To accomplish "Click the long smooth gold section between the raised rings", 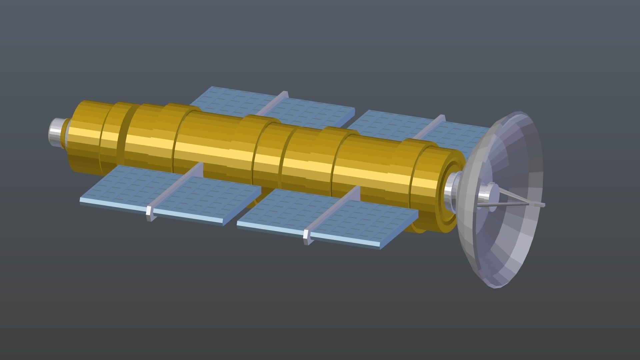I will pyautogui.click(x=213, y=147).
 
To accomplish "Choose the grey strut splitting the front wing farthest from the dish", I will pyautogui.click(x=177, y=187).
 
